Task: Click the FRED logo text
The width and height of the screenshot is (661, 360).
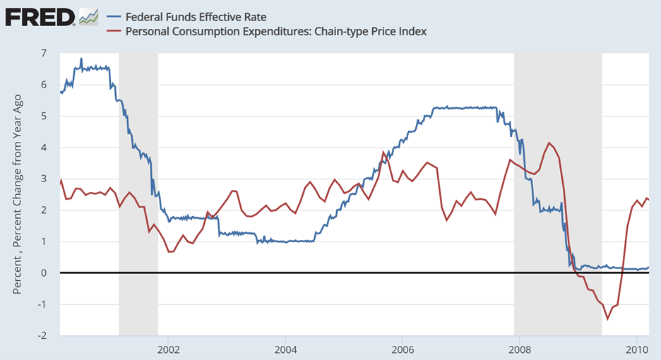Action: (x=40, y=16)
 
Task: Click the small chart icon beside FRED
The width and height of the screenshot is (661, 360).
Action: (x=88, y=16)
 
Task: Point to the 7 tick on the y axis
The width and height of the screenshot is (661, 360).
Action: (x=44, y=53)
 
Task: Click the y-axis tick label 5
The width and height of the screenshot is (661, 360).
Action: (x=44, y=116)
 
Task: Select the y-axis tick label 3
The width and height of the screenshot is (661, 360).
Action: (x=44, y=179)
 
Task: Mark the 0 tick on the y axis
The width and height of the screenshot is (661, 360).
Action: (x=44, y=272)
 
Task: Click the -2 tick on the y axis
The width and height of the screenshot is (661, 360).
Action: (x=42, y=335)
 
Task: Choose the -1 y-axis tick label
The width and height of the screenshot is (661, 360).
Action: (x=42, y=304)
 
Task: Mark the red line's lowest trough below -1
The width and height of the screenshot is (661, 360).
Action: (x=607, y=318)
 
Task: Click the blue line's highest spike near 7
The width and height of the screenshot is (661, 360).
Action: (x=81, y=59)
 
